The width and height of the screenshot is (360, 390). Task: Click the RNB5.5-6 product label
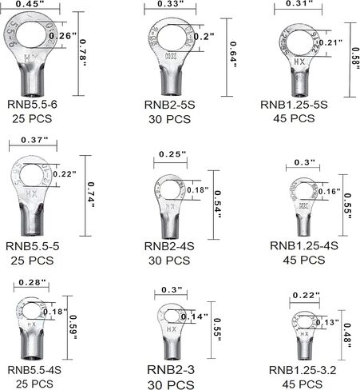[x=38, y=104]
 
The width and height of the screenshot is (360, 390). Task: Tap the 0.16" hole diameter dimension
[x=329, y=192]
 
